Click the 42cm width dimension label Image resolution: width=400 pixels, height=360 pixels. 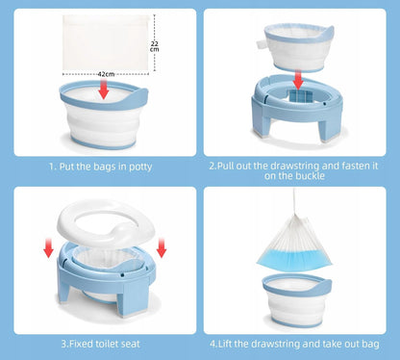coord(106,74)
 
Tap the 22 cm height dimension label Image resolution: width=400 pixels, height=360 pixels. coord(155,46)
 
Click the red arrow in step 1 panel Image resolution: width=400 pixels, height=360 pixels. coord(104,90)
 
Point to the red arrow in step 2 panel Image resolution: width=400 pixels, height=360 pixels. coord(298,79)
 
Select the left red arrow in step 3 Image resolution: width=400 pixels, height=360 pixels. coord(48,248)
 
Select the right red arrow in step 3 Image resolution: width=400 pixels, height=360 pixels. coord(162,248)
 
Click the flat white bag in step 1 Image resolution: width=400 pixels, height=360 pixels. coord(106,43)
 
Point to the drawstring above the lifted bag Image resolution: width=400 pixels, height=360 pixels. coord(294,202)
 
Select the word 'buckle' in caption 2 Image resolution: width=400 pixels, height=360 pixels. coord(310,176)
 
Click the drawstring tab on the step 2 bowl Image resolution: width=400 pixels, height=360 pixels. coord(261,44)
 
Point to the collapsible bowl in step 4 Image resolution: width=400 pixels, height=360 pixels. coord(297,299)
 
